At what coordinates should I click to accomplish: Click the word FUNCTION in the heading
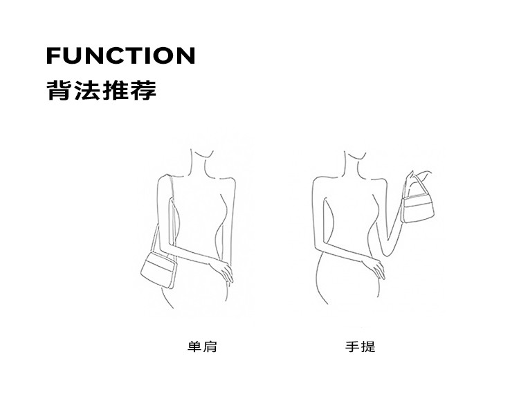[x=120, y=55]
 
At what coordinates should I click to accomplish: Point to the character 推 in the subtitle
[x=115, y=91]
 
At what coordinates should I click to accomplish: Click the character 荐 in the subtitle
[x=143, y=91]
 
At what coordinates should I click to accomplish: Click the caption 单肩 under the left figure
[x=202, y=346]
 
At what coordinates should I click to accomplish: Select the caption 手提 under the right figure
[x=360, y=346]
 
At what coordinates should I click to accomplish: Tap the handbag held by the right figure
[x=419, y=207]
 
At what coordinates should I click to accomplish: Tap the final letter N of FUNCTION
[x=185, y=55]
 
